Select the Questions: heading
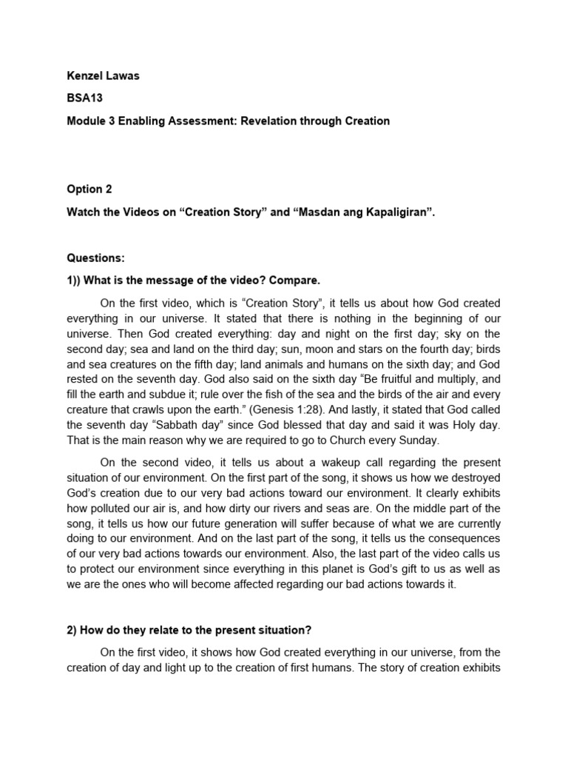pyautogui.click(x=96, y=258)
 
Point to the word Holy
pyautogui.click(x=466, y=426)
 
